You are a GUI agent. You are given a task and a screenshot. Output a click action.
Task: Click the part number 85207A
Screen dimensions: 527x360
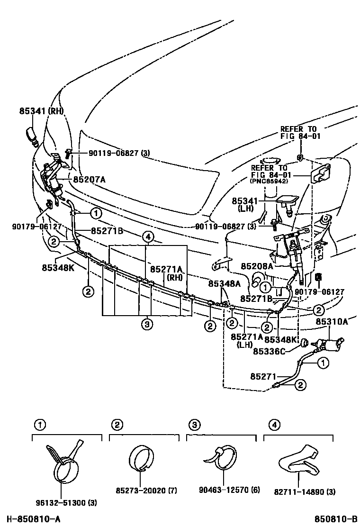pyautogui.click(x=89, y=180)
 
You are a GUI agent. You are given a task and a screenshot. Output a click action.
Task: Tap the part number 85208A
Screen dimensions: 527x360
pyautogui.click(x=257, y=267)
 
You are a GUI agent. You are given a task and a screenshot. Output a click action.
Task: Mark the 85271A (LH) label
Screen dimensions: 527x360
pyautogui.click(x=246, y=340)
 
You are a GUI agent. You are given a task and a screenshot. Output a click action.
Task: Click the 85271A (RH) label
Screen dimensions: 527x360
pyautogui.click(x=166, y=273)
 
